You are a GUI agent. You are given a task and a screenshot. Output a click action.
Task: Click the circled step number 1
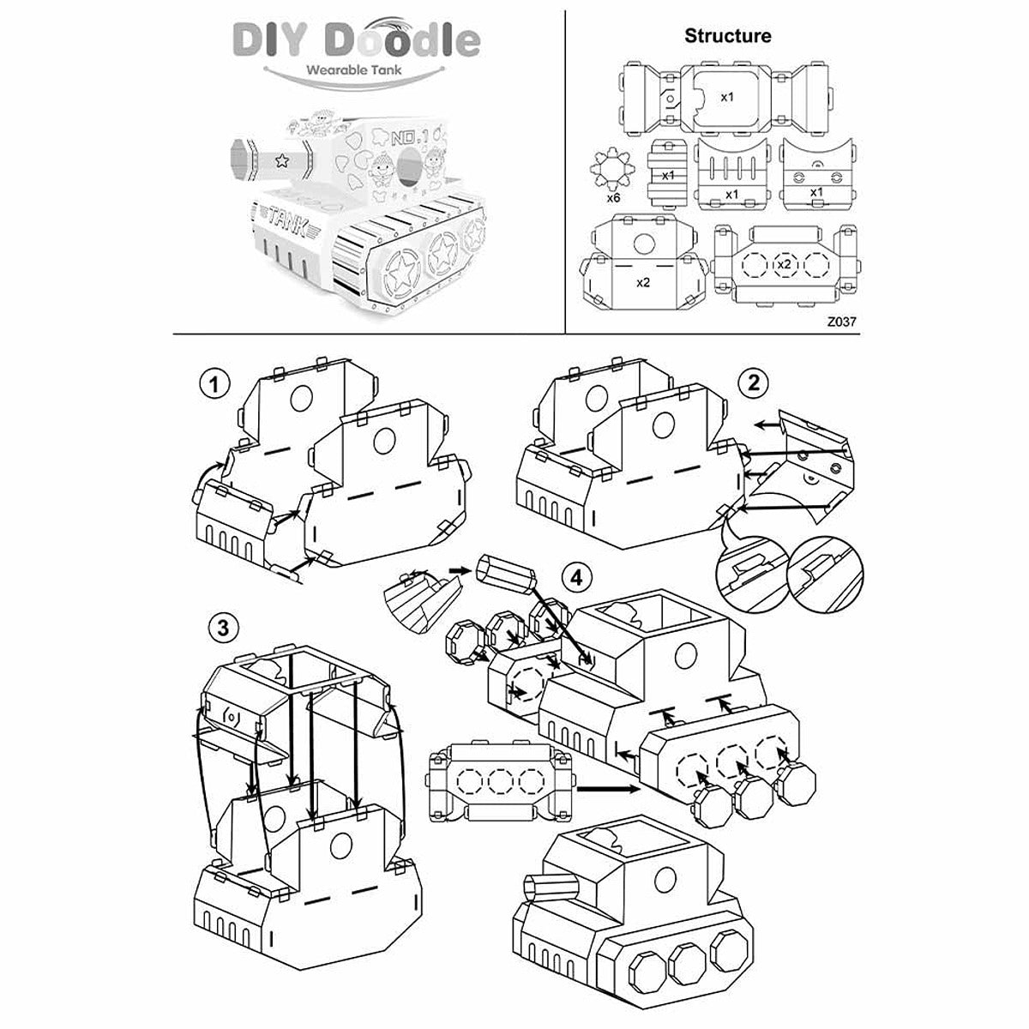(214, 383)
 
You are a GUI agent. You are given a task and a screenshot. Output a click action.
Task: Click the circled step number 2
(754, 383)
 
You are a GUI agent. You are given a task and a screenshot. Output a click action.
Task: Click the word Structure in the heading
(727, 36)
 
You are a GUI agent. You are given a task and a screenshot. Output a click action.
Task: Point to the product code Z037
(842, 322)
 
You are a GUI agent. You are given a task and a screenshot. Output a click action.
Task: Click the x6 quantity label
(613, 197)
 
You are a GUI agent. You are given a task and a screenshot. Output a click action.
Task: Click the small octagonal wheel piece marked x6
(613, 169)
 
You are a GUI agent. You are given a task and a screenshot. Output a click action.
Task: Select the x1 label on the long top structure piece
(727, 97)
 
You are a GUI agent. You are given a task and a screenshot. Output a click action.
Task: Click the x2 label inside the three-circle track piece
(783, 263)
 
